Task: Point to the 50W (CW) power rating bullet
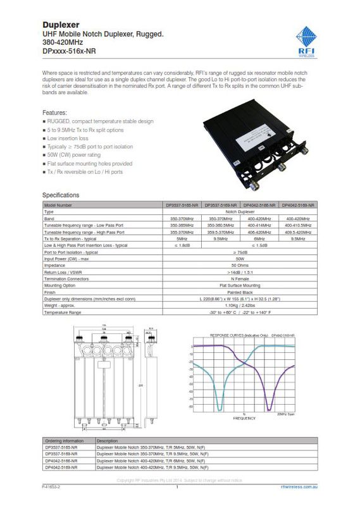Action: point(75,154)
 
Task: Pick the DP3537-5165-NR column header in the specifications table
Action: point(181,206)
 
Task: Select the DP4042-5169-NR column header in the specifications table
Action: point(298,206)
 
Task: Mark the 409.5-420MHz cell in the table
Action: point(298,232)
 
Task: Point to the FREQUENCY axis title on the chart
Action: point(244,418)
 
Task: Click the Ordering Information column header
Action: point(65,440)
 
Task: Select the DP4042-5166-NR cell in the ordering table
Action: point(61,462)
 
